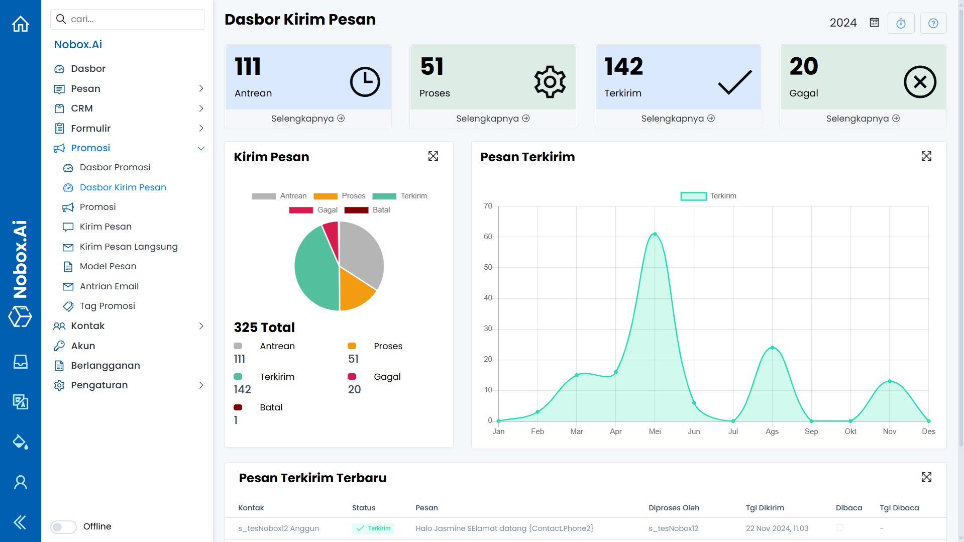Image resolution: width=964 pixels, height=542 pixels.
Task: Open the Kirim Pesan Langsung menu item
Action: coord(129,247)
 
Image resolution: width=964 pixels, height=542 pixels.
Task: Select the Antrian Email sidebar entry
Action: coord(109,286)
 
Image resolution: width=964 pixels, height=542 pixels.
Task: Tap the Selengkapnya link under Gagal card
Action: coord(863,119)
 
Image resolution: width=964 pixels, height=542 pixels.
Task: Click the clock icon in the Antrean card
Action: coord(365,82)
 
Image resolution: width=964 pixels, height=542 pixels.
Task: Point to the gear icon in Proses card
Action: coord(550,82)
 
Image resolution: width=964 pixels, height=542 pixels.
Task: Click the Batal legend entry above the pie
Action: coord(367,210)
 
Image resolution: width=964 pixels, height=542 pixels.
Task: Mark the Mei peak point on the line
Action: coord(655,234)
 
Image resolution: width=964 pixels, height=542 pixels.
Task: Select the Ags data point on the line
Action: coord(772,348)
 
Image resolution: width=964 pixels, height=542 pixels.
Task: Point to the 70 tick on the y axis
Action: coord(488,206)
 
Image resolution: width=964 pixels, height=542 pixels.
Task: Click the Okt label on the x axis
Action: coord(850,431)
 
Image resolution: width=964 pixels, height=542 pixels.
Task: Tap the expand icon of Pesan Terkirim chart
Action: coord(926,156)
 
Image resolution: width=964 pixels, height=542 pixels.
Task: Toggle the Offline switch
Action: coord(63,526)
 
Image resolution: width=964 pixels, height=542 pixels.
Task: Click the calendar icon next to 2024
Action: coord(874,23)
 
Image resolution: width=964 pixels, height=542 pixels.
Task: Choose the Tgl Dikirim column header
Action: coord(765,508)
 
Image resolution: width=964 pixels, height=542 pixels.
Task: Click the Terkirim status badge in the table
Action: coord(373,528)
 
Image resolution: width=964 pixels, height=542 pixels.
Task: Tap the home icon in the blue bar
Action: coord(21,24)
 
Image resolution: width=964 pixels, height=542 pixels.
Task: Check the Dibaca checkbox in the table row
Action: coord(839,527)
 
